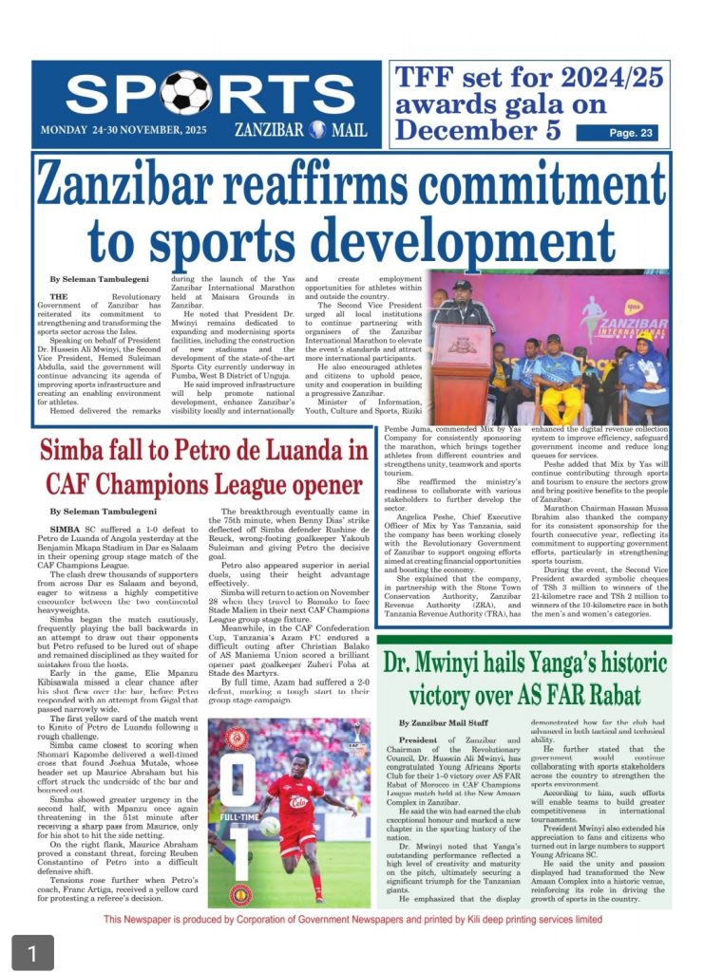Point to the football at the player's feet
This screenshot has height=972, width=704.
[273, 852]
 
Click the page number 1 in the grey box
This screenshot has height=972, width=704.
[32, 951]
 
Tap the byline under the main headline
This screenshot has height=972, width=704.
[99, 278]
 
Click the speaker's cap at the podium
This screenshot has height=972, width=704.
[462, 284]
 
